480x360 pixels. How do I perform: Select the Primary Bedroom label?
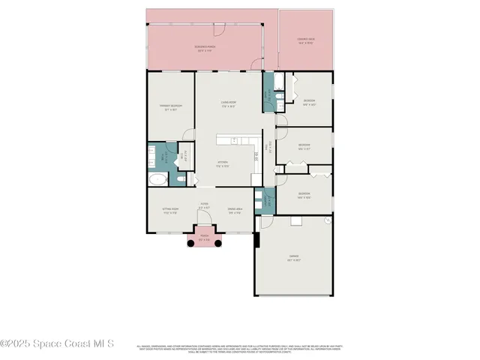(x=171, y=107)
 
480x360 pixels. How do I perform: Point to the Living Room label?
(x=229, y=104)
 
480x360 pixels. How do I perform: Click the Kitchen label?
(x=223, y=163)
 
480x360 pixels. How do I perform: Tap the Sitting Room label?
(x=170, y=211)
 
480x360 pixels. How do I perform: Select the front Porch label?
(x=204, y=238)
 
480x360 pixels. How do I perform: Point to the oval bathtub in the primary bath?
(x=158, y=179)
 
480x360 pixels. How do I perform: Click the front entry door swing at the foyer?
(x=203, y=227)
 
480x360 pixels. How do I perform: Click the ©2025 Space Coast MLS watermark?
(x=57, y=343)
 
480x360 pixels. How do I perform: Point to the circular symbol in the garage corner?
(x=327, y=221)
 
